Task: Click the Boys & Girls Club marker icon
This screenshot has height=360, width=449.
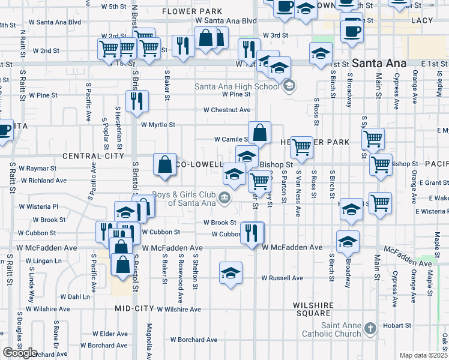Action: [x=224, y=198]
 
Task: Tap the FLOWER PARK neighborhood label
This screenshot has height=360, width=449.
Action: [x=192, y=11]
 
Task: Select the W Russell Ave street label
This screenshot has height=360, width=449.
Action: [x=282, y=278]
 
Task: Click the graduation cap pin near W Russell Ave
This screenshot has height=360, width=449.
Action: [x=231, y=273]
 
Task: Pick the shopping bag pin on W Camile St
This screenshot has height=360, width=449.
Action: [x=260, y=133]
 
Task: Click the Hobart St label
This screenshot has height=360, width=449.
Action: [x=398, y=325]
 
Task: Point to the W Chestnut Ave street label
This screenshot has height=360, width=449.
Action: [x=226, y=110]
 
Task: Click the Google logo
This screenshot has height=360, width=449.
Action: [x=20, y=353]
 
